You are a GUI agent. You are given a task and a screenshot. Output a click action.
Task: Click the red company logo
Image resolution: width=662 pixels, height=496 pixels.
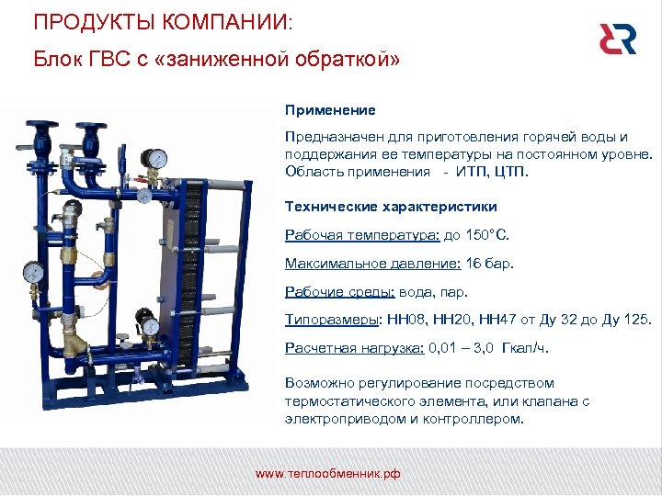[x=617, y=39]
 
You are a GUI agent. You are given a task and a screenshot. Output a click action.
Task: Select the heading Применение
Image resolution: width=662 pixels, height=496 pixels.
[x=330, y=110]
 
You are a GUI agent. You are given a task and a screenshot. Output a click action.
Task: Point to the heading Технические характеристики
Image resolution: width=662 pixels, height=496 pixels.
[x=391, y=207]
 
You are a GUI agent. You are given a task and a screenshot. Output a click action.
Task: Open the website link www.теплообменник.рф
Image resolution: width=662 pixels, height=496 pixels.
[x=327, y=474]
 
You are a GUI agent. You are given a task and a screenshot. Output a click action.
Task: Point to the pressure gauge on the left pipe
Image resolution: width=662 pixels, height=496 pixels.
[x=34, y=272]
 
